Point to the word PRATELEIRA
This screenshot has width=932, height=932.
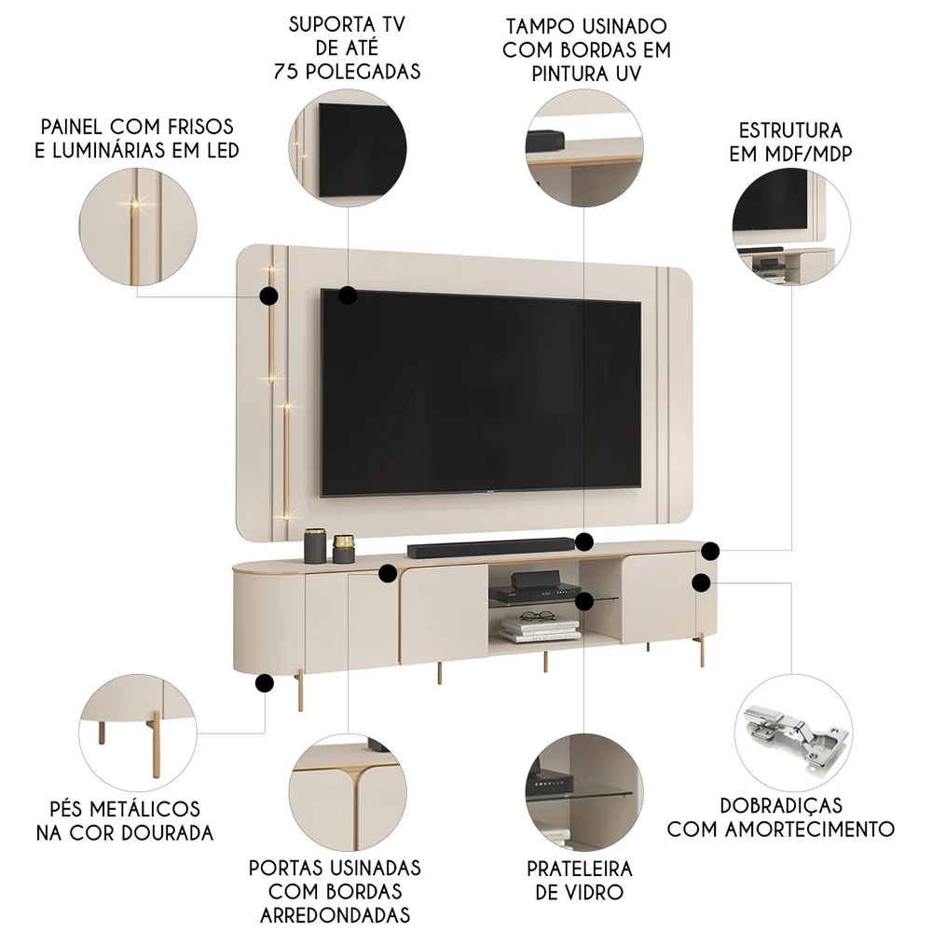(x=579, y=869)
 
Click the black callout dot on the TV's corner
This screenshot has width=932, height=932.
(x=348, y=295)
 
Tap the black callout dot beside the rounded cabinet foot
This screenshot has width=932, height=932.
(x=264, y=683)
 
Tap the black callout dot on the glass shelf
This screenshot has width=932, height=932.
(x=584, y=597)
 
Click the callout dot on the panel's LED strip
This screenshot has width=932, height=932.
(x=268, y=296)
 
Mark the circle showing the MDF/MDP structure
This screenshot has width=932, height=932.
(x=791, y=224)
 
